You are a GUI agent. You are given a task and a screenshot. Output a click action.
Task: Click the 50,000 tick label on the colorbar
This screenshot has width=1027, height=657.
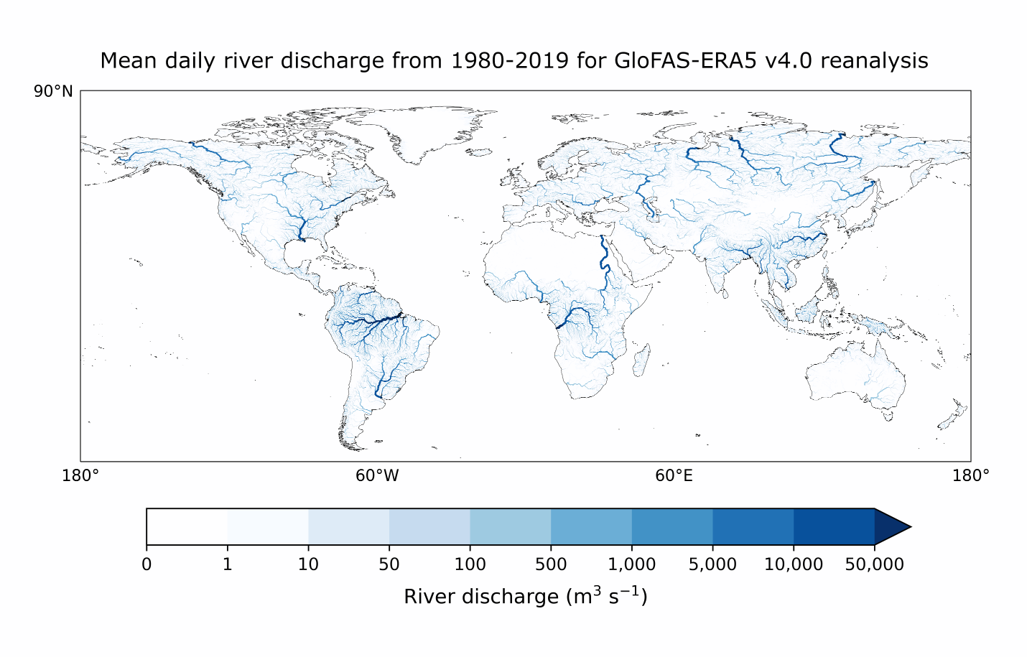[874, 564]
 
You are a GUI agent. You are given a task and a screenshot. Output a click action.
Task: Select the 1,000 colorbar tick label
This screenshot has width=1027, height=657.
[631, 564]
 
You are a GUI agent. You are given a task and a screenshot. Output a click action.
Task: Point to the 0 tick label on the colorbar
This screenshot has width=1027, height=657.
[147, 564]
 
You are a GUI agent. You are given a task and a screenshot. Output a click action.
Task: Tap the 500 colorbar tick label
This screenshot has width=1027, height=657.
[551, 564]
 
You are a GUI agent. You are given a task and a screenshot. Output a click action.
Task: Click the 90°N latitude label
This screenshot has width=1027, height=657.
[53, 92]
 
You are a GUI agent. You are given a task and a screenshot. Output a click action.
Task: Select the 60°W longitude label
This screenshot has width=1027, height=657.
[377, 476]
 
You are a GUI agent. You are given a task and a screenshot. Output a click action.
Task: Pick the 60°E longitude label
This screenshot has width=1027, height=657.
[674, 476]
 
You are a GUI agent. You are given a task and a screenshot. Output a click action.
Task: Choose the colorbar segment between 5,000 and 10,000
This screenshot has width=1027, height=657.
[753, 527]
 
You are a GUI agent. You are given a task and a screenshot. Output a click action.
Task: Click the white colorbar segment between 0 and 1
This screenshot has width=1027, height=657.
[187, 527]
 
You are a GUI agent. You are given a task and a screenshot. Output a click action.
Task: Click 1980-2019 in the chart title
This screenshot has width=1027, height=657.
[510, 60]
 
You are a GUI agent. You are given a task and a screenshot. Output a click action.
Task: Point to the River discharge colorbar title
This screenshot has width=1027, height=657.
[526, 597]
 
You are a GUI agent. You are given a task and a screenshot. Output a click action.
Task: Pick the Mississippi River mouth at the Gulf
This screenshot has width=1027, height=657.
[303, 240]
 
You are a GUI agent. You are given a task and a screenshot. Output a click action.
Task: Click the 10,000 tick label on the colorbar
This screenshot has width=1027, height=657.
[793, 564]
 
